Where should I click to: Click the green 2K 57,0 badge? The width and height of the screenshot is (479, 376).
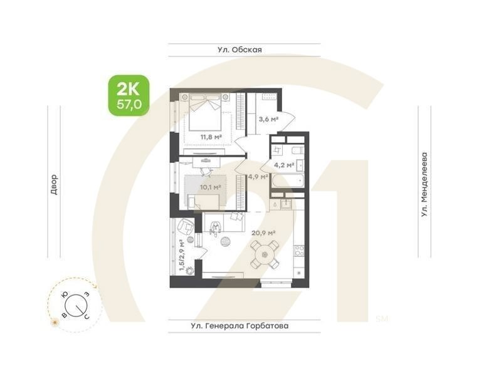click(129, 95)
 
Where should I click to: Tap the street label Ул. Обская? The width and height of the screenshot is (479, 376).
click(244, 50)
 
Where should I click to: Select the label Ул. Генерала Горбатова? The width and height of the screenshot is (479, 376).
click(244, 326)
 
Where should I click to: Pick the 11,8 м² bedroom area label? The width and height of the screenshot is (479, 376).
click(211, 137)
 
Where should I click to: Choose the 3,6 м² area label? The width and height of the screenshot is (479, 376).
click(268, 118)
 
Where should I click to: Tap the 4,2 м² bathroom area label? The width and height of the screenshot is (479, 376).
click(284, 165)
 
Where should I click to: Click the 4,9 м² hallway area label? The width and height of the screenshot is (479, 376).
click(258, 177)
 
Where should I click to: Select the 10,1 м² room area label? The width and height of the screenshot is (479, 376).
click(209, 187)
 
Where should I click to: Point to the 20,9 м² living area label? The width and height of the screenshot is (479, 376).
click(263, 233)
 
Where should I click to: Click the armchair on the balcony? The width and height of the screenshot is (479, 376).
click(185, 226)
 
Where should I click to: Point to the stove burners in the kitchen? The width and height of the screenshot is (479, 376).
click(299, 251)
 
